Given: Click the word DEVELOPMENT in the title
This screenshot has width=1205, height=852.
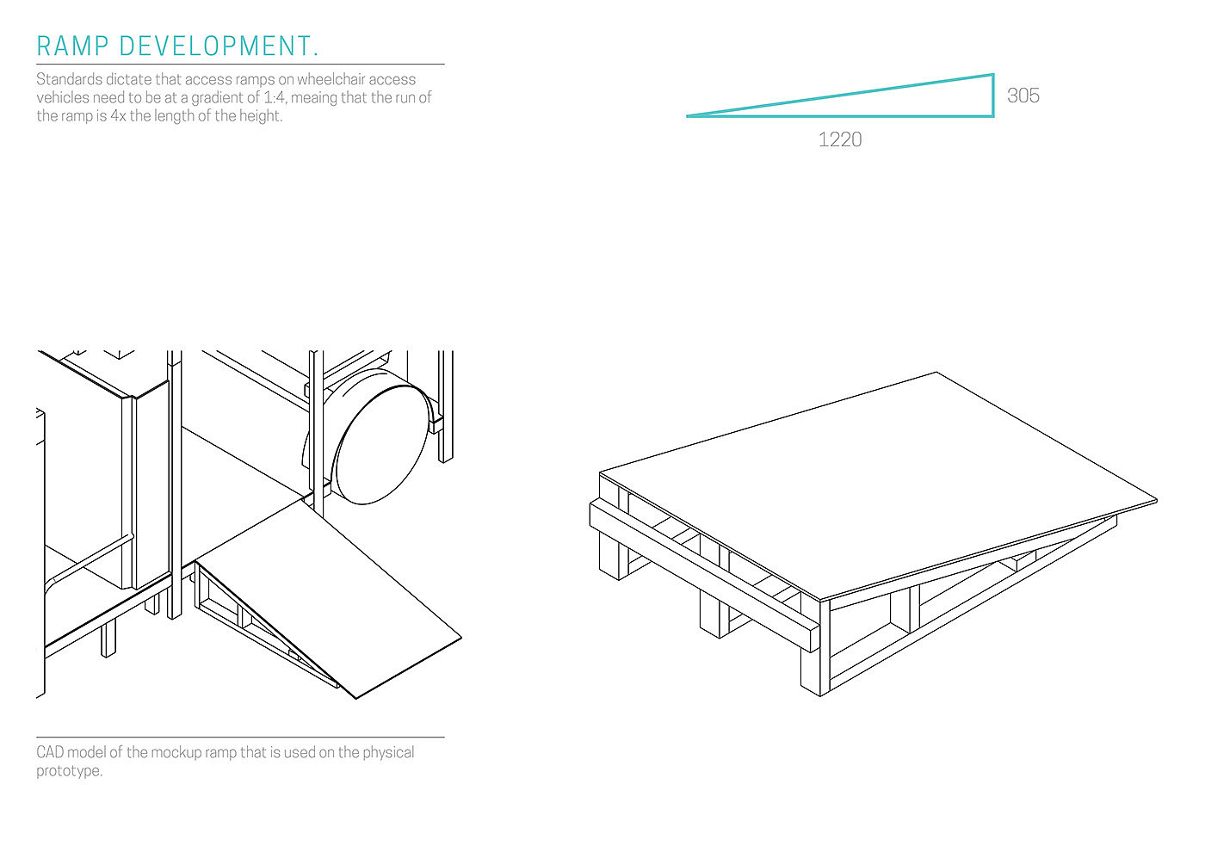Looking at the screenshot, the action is click(219, 46).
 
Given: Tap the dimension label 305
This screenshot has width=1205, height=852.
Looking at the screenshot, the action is click(1023, 96).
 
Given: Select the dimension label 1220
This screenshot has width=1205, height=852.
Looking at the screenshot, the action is click(839, 139).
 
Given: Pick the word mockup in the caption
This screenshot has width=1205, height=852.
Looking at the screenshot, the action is click(180, 752).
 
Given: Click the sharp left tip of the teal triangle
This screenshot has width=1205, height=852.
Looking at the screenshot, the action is click(689, 115).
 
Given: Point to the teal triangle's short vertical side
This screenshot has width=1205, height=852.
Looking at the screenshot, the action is click(993, 96).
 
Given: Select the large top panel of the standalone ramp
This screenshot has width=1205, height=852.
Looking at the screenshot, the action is click(878, 482).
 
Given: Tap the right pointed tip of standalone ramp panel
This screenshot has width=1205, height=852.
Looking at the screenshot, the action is click(1155, 500).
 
